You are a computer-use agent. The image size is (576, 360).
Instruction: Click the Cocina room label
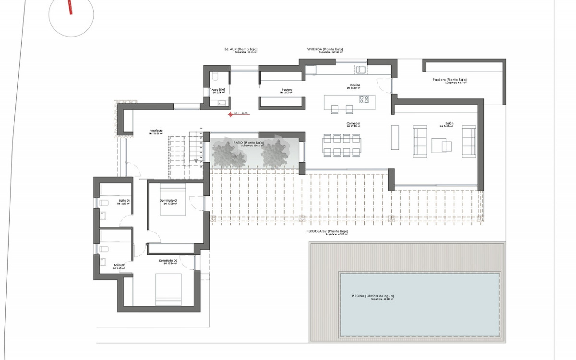click(355, 85)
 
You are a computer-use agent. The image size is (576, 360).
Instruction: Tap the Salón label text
click(449, 124)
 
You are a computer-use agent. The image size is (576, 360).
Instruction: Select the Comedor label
click(353, 124)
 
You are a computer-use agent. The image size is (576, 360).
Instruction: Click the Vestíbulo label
click(156, 131)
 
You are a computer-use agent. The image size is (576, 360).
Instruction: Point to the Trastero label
click(286, 90)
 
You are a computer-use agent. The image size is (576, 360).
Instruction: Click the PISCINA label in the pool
click(373, 296)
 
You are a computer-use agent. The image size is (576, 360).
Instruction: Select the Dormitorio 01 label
click(169, 200)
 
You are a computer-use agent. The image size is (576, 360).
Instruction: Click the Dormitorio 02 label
click(168, 261)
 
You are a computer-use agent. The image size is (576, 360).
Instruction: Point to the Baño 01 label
click(124, 200)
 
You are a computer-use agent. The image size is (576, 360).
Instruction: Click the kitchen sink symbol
click(361, 70)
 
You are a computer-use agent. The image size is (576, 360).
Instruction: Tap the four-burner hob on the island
click(364, 99)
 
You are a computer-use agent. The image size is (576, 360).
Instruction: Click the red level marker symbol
click(230, 114)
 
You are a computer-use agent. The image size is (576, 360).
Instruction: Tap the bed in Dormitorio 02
click(168, 289)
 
